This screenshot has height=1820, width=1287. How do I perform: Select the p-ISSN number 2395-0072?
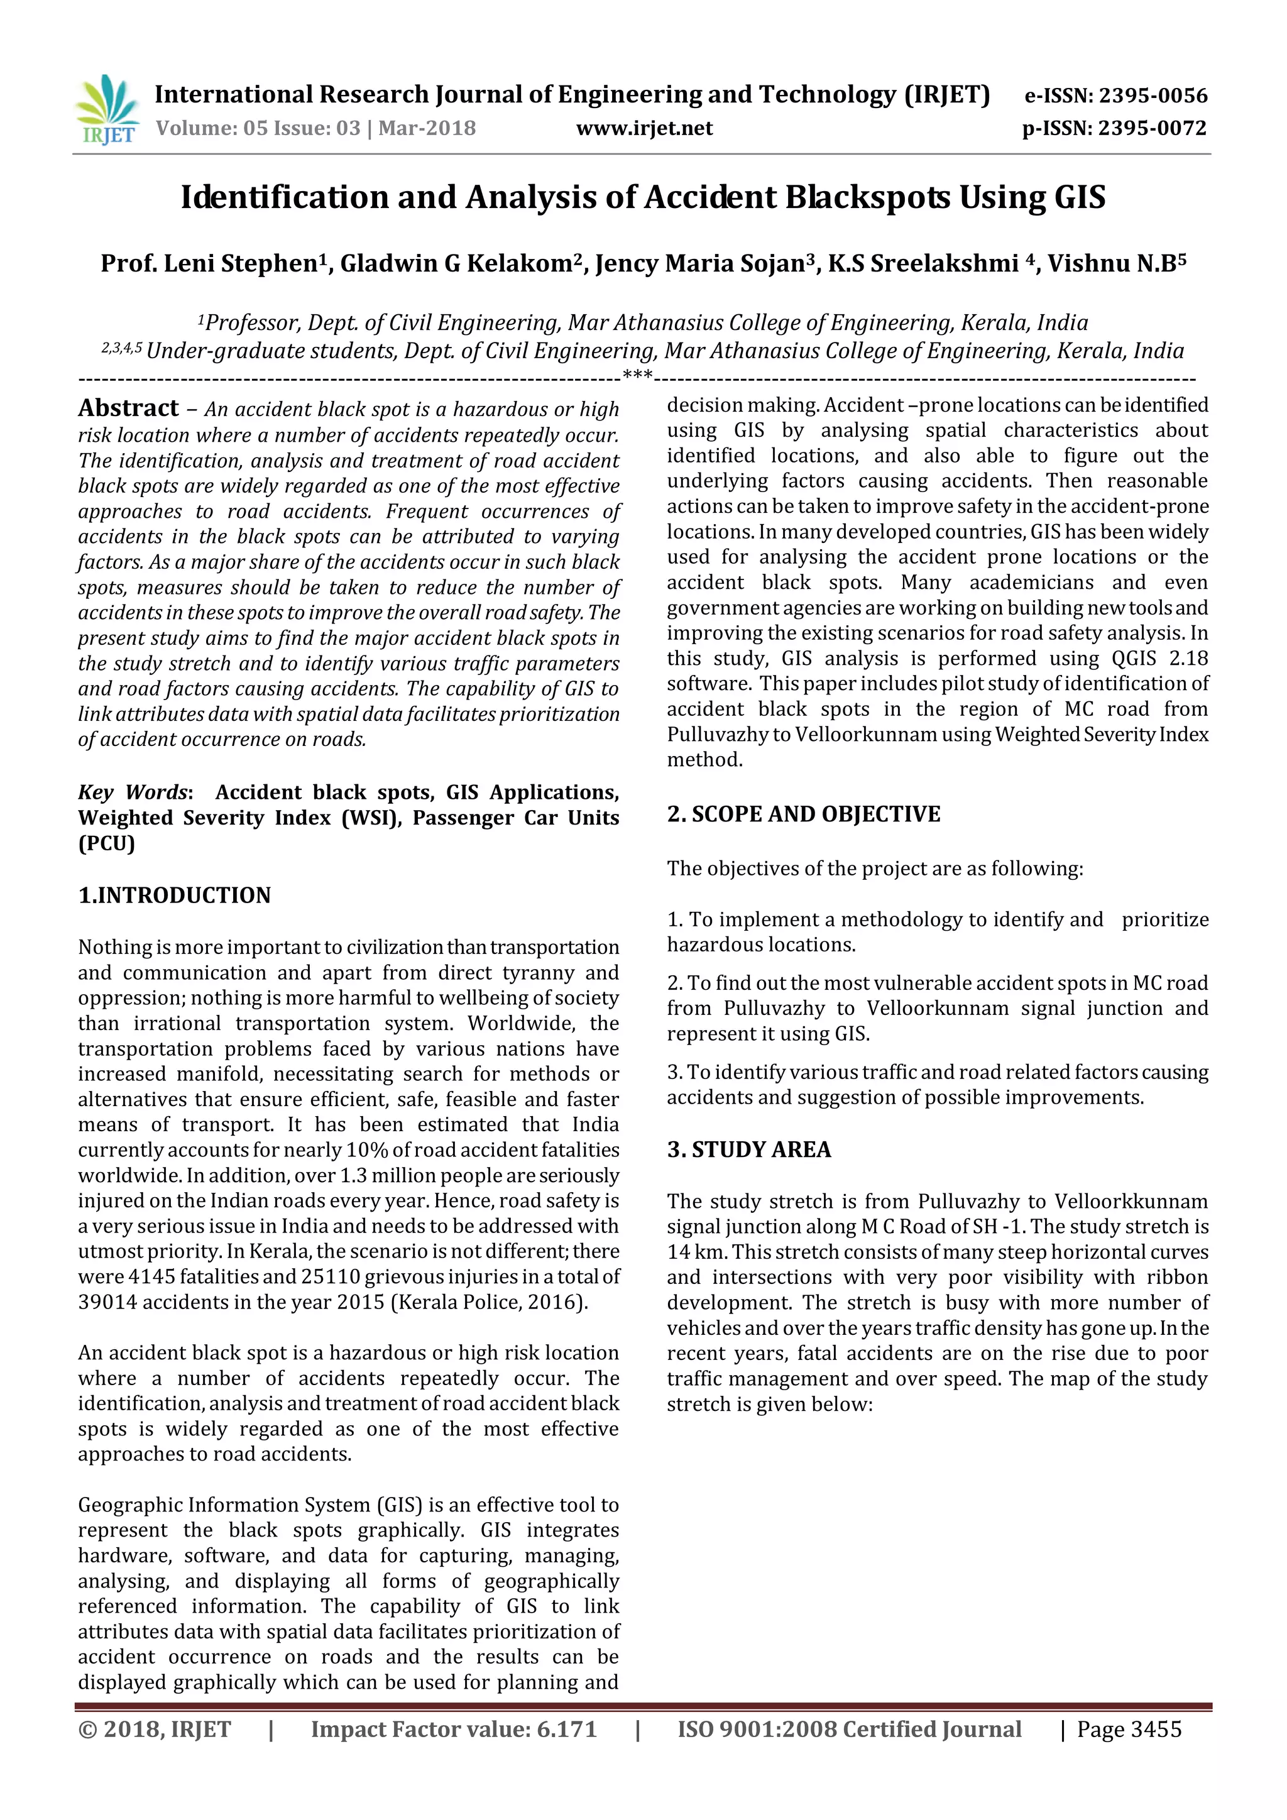click(1153, 128)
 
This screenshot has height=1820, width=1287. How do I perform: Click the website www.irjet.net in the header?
click(643, 128)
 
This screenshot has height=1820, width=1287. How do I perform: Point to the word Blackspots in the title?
click(867, 197)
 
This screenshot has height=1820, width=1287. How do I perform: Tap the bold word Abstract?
click(128, 408)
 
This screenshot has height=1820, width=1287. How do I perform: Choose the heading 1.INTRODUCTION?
click(174, 895)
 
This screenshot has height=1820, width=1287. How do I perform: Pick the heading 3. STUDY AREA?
click(749, 1149)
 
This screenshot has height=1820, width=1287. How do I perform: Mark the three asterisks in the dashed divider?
click(637, 373)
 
